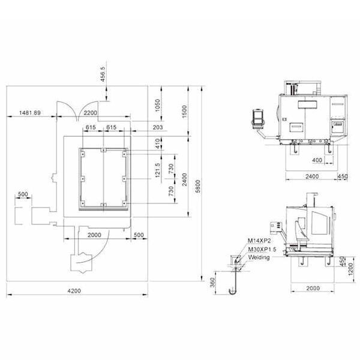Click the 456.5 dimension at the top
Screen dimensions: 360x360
coord(103,74)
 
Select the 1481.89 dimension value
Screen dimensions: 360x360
coord(30,113)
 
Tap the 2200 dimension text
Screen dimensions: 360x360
coord(90,113)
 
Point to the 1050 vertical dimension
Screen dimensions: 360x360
coord(157,106)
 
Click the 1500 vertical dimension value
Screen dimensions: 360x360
coord(184,112)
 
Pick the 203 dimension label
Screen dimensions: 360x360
coord(158,127)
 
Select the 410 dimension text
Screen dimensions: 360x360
coord(157,143)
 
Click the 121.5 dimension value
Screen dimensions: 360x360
coord(157,170)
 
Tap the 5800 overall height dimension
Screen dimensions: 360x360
coord(198,186)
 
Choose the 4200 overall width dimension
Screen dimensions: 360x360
coord(74,291)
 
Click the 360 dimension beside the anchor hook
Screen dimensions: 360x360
coord(212,283)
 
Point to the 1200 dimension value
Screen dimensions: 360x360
coord(350,269)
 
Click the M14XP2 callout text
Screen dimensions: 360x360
coord(259,241)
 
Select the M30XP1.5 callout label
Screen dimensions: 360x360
coord(262,250)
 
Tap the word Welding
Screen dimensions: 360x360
coord(259,257)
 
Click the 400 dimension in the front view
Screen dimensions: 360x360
coord(317,160)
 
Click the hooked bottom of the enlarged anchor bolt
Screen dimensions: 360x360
coord(233,292)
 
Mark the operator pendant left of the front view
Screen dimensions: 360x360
coord(258,119)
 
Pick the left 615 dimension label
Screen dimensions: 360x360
coord(91,127)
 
